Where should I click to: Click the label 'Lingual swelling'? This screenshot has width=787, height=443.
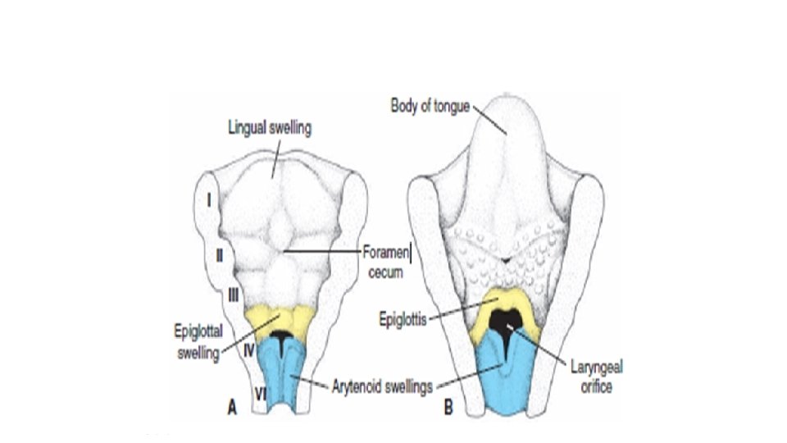(x=271, y=128)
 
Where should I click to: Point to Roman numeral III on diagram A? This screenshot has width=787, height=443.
(x=232, y=293)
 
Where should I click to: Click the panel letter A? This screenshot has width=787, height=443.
(x=232, y=406)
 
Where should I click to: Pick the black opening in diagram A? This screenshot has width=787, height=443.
(x=281, y=337)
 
